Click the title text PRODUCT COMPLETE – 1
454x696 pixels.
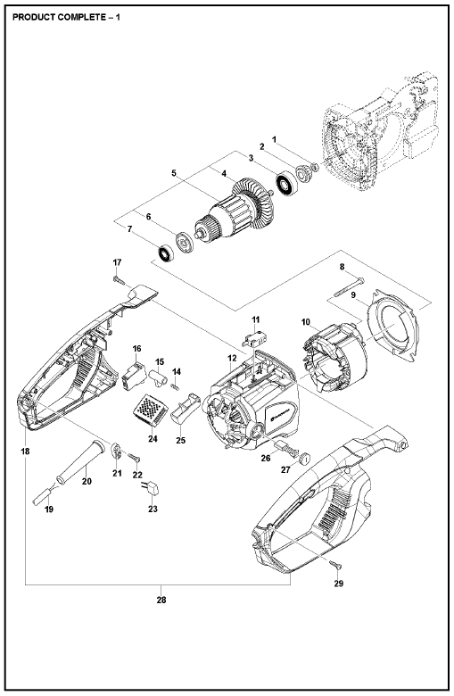66,18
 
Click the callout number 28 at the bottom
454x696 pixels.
161,601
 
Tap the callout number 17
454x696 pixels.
117,262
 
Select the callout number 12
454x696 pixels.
232,358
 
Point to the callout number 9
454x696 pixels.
354,294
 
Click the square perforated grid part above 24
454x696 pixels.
150,410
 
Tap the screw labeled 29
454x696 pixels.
335,565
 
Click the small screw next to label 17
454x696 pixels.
117,279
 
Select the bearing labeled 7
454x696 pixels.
166,253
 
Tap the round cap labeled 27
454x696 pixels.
304,458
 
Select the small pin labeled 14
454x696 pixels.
175,386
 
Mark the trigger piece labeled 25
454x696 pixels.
185,408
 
